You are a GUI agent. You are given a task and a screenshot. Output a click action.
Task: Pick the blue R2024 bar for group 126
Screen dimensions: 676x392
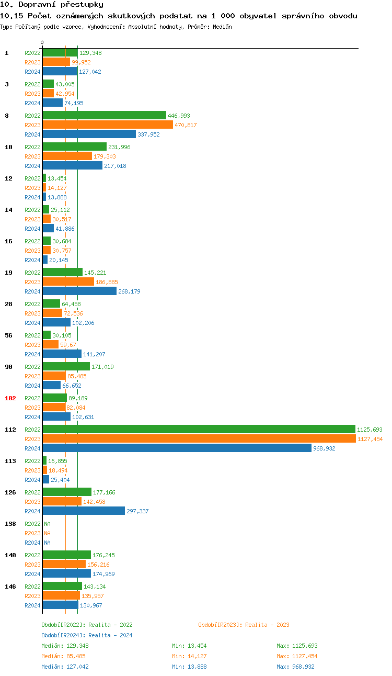click(84, 511)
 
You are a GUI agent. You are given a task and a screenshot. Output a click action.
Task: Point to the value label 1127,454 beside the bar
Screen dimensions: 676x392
click(370, 439)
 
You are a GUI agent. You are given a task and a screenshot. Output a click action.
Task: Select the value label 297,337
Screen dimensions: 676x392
click(137, 511)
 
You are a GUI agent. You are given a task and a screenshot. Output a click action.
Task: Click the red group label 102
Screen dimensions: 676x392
click(10, 398)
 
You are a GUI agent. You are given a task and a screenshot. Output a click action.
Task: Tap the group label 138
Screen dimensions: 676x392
click(10, 524)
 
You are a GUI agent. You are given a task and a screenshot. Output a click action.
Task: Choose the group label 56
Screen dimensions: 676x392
click(8, 335)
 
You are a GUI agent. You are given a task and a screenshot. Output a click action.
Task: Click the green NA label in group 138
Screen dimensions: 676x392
click(47, 524)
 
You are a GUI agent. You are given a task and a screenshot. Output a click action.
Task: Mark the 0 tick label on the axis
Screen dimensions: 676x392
click(42, 43)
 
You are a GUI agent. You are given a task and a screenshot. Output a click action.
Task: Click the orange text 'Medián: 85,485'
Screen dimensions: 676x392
click(64, 656)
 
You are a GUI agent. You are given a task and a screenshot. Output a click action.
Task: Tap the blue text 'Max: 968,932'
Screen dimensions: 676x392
click(295, 667)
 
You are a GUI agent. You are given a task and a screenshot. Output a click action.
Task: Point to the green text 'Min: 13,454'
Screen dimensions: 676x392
click(189, 646)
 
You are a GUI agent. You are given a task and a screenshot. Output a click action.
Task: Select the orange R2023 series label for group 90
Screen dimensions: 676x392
click(32, 376)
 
